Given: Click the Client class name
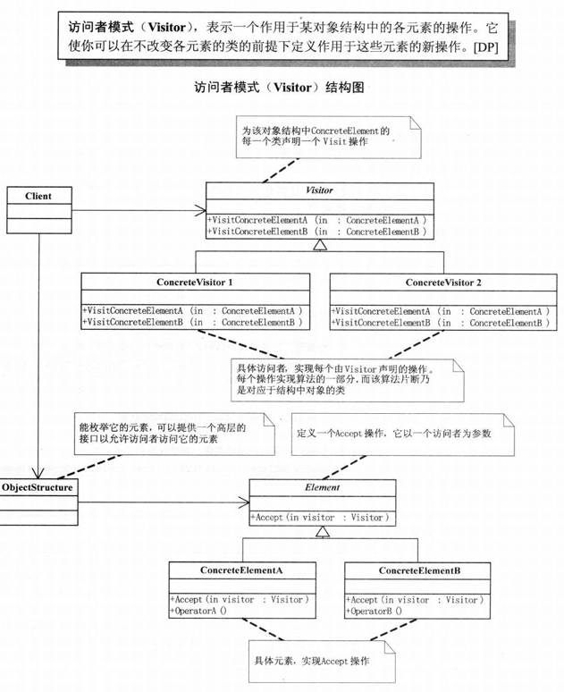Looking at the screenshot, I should (38, 196).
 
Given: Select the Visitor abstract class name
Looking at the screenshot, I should (320, 191).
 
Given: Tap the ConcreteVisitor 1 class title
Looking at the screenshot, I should (195, 283).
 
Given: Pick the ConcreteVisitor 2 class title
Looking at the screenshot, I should (443, 283).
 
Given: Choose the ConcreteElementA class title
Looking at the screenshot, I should (241, 570).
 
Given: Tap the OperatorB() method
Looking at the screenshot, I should (375, 611).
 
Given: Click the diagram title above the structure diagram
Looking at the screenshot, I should (282, 90).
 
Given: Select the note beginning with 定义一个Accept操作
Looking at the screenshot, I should (393, 434).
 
